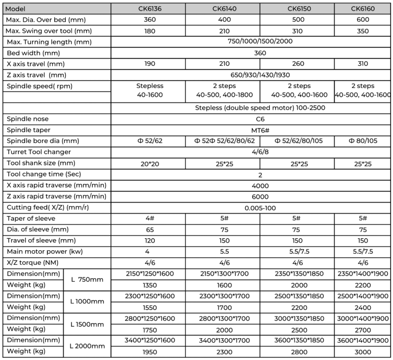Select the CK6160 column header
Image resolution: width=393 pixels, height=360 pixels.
click(363, 9)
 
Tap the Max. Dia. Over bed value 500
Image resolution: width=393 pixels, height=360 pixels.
click(297, 20)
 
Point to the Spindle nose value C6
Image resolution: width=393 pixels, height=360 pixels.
click(250, 119)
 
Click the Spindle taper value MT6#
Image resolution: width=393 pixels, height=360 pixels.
click(250, 130)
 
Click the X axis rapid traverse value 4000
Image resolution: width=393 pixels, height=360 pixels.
click(250, 186)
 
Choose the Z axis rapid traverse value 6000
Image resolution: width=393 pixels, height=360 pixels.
click(250, 197)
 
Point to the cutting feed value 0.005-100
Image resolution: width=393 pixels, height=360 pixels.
click(250, 208)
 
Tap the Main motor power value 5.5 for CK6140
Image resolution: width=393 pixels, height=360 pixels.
click(223, 252)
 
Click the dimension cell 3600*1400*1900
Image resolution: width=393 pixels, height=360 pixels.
click(363, 340)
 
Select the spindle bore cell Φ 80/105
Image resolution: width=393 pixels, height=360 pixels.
click(363, 141)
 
